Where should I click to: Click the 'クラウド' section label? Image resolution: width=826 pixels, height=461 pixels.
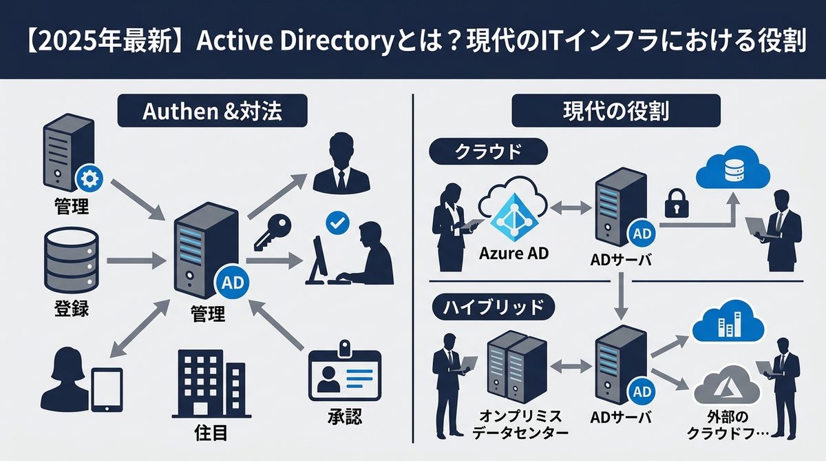pos(487,153)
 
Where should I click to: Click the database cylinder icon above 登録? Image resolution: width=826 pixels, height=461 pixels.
pos(72,262)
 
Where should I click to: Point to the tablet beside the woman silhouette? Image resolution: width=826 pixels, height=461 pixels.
pos(107,389)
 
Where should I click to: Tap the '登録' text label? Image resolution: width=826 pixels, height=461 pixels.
pos(70,307)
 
